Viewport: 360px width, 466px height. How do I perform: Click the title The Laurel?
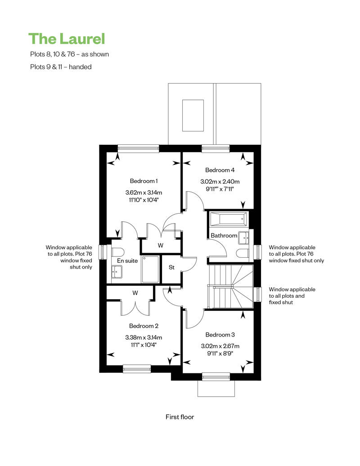(67, 38)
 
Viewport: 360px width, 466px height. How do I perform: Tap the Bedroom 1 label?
(144, 181)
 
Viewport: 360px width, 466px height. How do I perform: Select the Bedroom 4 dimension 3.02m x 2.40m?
(220, 182)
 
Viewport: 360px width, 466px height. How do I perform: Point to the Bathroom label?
(224, 235)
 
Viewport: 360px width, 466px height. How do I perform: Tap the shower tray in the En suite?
(150, 269)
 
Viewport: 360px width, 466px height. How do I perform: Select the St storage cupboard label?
(171, 267)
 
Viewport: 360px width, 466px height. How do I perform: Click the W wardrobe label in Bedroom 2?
(135, 292)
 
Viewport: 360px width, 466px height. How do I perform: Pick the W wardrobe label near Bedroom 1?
(160, 246)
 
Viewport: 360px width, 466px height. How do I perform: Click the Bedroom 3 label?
(220, 335)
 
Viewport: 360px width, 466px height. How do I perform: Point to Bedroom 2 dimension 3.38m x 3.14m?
(144, 337)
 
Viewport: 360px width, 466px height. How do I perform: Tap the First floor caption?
(180, 417)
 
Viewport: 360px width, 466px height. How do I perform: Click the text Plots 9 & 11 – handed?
(61, 67)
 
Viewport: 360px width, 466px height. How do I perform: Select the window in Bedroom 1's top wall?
(138, 147)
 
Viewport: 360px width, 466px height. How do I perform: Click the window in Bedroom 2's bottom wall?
(137, 369)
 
